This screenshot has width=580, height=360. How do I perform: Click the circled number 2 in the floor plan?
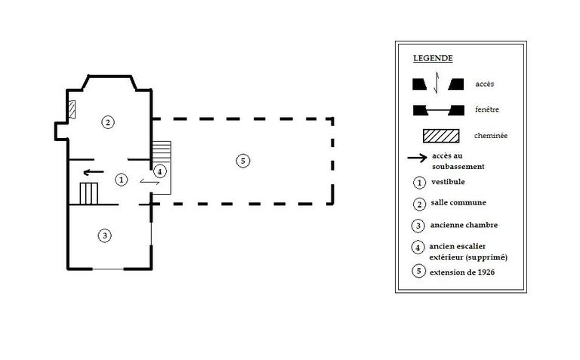(x=108, y=122)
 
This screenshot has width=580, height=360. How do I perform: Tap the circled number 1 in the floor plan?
(x=120, y=180)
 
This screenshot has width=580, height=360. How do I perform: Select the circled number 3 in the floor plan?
(x=105, y=235)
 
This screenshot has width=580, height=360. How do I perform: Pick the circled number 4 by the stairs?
(x=159, y=171)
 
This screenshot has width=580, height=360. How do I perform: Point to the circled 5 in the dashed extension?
(x=242, y=160)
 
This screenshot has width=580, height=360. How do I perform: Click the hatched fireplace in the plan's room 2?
(x=72, y=109)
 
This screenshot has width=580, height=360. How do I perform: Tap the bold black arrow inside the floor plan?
(x=93, y=172)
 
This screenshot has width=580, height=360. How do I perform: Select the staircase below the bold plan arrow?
(x=88, y=193)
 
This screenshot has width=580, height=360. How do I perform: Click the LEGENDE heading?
(x=433, y=58)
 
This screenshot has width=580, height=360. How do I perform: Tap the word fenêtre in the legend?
(x=487, y=109)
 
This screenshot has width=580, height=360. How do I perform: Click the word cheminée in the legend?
(x=491, y=136)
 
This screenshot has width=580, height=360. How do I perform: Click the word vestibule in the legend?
(x=449, y=182)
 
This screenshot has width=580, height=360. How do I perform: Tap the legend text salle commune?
(x=458, y=202)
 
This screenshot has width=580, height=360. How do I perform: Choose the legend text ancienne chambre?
(x=464, y=225)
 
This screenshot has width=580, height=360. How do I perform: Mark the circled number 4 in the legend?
(x=418, y=248)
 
